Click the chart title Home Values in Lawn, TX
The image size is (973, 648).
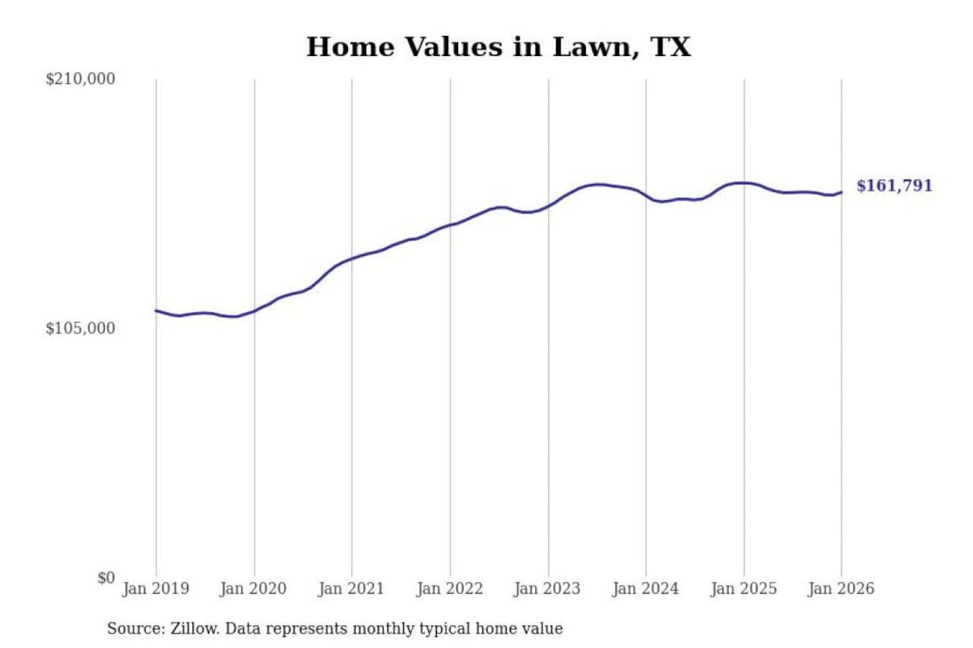[x=499, y=47]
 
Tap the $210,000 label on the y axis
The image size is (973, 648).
[x=80, y=79]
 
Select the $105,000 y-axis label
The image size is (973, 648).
[x=80, y=329]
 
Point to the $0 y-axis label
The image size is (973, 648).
[x=105, y=578]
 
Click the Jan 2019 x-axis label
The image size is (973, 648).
[x=155, y=589]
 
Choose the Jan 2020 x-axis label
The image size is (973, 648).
[x=253, y=589]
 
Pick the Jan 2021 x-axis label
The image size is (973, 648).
[x=351, y=589]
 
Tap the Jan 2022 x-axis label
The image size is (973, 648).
[x=449, y=589]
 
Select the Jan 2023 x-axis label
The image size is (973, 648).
[x=547, y=589]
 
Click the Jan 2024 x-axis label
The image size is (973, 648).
[x=645, y=589]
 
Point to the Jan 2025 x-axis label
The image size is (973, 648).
[x=743, y=589]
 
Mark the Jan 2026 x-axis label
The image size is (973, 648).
[x=841, y=589]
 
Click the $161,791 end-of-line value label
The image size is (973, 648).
[x=894, y=186]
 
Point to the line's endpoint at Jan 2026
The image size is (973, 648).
[x=841, y=192]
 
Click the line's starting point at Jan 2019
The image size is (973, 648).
[x=156, y=310]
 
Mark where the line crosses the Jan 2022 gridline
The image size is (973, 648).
[x=450, y=225]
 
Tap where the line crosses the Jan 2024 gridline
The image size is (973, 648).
[x=646, y=196]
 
